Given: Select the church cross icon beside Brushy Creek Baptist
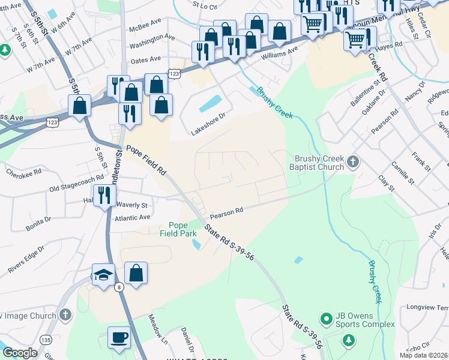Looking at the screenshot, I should [353, 161].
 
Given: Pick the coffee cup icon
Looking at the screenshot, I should [119, 337].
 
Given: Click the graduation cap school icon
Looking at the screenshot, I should [104, 275].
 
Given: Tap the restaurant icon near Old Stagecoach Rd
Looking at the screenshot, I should [105, 194].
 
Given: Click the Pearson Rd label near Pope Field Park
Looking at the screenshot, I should [226, 212].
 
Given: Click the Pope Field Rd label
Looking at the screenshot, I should [145, 160].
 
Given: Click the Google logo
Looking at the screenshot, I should [20, 353].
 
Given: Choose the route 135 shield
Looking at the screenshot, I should [46, 340].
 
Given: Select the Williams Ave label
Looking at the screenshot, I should [279, 52].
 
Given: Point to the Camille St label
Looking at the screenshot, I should [403, 173].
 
